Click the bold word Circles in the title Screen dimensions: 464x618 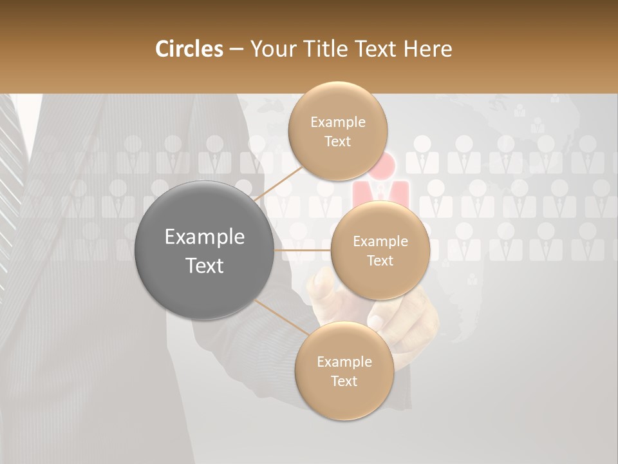(x=189, y=49)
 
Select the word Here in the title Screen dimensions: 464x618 (x=427, y=49)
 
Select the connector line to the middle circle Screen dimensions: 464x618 (x=303, y=249)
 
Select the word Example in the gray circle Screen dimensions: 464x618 (x=204, y=237)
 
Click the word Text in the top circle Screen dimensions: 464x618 (x=337, y=142)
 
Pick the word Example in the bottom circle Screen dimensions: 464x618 (x=344, y=362)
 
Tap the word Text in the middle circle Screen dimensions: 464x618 (x=380, y=261)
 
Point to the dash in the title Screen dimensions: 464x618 (x=236, y=49)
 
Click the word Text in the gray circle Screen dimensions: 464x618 (x=204, y=266)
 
